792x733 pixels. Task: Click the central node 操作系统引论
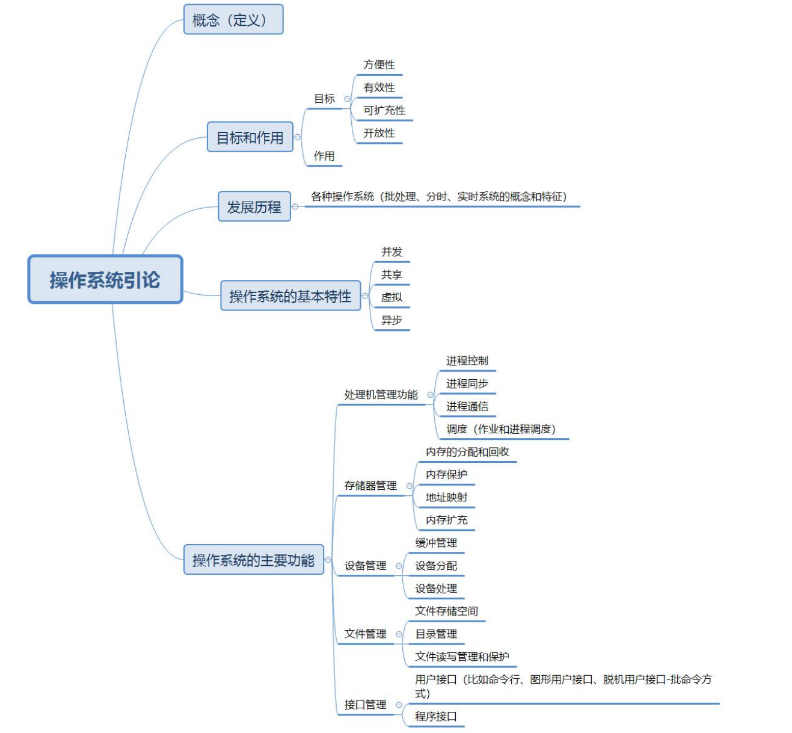pyautogui.click(x=105, y=280)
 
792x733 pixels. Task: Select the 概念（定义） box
pyautogui.click(x=233, y=20)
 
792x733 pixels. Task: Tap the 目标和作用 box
pyautogui.click(x=250, y=137)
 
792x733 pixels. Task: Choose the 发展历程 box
pyautogui.click(x=254, y=207)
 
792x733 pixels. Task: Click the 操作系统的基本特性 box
pyautogui.click(x=290, y=296)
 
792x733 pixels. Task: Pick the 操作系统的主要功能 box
pyautogui.click(x=253, y=560)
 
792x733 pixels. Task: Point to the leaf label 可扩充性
pyautogui.click(x=384, y=110)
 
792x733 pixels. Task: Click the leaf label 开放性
pyautogui.click(x=379, y=133)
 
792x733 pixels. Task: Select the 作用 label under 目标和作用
pyautogui.click(x=324, y=156)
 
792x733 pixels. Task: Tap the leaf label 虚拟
pyautogui.click(x=391, y=297)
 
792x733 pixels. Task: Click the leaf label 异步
pyautogui.click(x=391, y=320)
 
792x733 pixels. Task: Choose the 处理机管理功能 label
pyautogui.click(x=381, y=395)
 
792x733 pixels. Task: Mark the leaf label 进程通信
pyautogui.click(x=467, y=406)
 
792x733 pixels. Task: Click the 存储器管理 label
pyautogui.click(x=370, y=486)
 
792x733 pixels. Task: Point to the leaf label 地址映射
pyautogui.click(x=446, y=497)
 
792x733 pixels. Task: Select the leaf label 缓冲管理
pyautogui.click(x=436, y=543)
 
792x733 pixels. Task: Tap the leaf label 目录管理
pyautogui.click(x=436, y=634)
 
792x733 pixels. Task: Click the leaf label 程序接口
pyautogui.click(x=436, y=716)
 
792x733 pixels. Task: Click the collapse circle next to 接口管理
pyautogui.click(x=399, y=705)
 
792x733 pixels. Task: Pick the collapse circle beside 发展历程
pyautogui.click(x=295, y=206)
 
